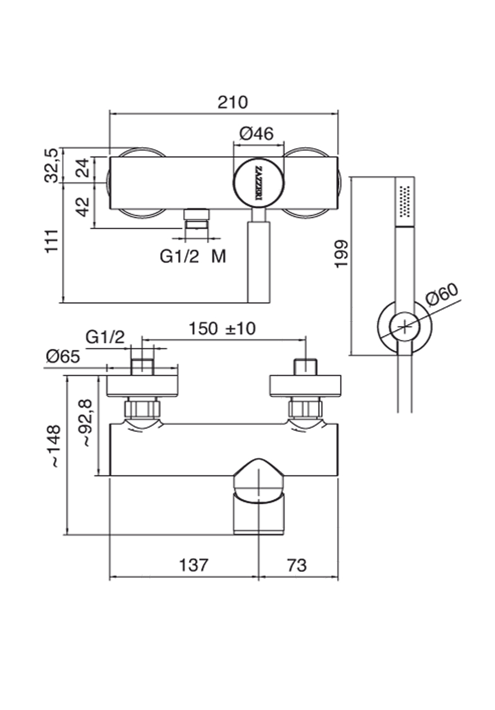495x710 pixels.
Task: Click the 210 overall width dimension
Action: coord(233,102)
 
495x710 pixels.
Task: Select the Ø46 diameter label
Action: coord(256,133)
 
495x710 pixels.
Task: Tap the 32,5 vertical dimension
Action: coord(51,165)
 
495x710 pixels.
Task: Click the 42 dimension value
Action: coord(82,207)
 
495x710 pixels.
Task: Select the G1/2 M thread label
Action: coord(193,256)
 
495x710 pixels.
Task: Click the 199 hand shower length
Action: coord(341,254)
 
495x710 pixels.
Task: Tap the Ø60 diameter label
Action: coord(442,296)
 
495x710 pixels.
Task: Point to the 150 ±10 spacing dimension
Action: coord(222,328)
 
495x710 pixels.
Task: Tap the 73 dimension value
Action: coord(297,565)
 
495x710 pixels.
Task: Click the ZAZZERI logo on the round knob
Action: coord(259,182)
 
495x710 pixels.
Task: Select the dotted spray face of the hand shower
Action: coord(405,201)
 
